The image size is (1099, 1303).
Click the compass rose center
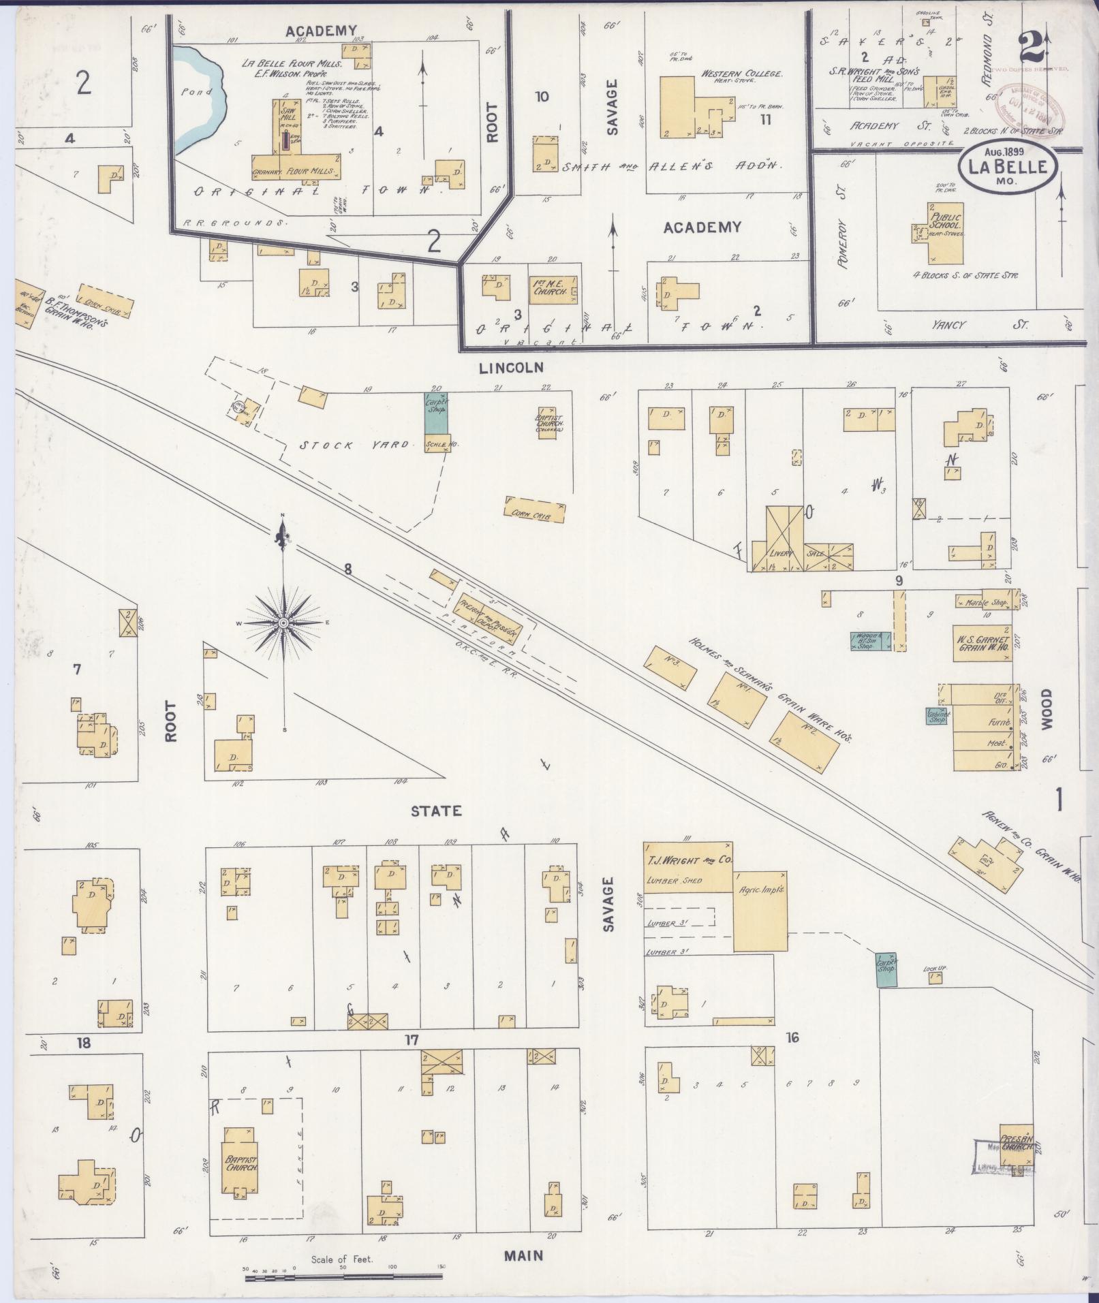(x=283, y=623)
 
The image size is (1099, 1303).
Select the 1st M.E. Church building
(x=553, y=290)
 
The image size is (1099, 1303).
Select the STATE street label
(x=436, y=811)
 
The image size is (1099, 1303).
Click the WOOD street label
(x=1046, y=709)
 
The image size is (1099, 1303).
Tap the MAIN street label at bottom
(x=524, y=1255)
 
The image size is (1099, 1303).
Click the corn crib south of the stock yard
(x=536, y=509)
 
